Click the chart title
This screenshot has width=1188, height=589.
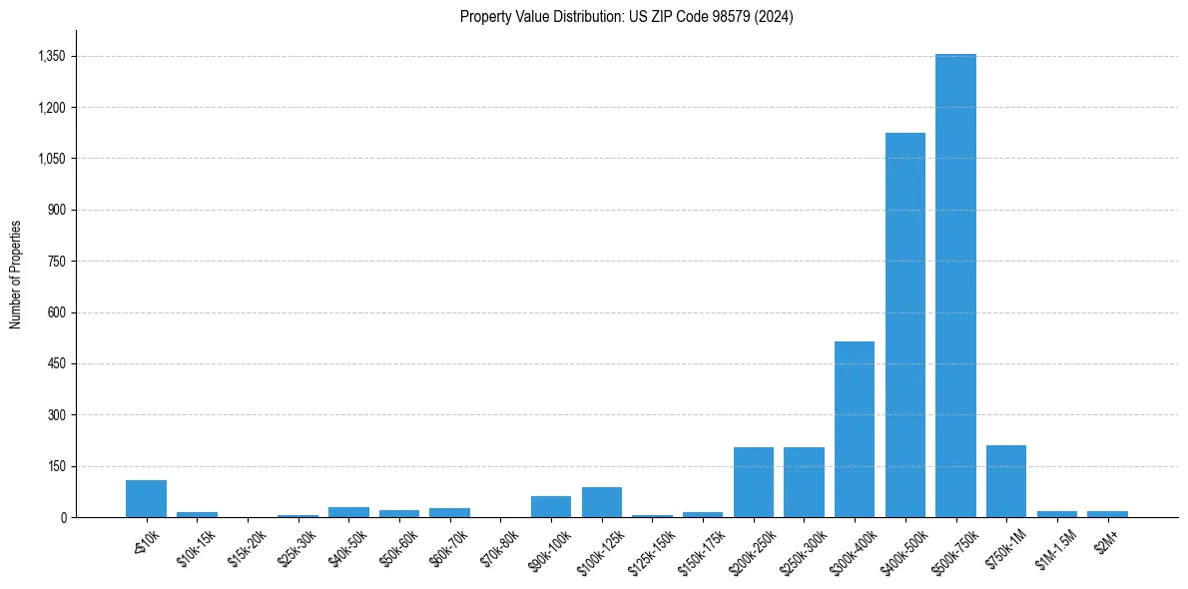coord(626,16)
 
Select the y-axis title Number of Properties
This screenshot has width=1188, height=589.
coord(16,274)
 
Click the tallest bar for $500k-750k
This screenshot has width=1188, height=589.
coord(955,286)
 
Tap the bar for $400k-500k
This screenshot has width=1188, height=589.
coord(904,324)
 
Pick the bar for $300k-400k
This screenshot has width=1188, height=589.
coord(855,429)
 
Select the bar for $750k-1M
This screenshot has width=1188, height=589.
coord(1005,481)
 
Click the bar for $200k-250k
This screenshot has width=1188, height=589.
coord(753,482)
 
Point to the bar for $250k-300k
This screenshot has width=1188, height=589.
coord(804,482)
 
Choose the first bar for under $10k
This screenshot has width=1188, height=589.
coord(146,498)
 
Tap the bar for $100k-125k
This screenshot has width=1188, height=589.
coord(601,502)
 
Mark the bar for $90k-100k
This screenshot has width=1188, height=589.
coord(551,506)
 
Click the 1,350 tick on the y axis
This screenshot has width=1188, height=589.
coord(51,57)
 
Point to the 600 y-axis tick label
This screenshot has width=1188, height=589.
coord(56,312)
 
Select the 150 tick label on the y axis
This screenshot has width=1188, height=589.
coord(56,466)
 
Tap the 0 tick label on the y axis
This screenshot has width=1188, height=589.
coord(62,517)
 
